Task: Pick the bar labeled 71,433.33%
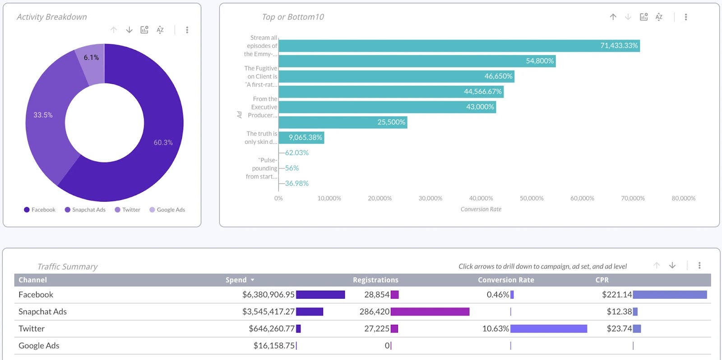point(458,46)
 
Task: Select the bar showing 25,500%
point(342,122)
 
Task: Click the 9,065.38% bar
point(301,138)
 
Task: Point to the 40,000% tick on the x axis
point(481,198)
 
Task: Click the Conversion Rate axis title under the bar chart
point(481,209)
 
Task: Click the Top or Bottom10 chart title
point(293,17)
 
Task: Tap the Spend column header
point(236,280)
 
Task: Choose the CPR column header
point(602,280)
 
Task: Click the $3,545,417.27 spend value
point(268,312)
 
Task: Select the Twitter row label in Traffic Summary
point(32,329)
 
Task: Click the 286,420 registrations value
point(374,312)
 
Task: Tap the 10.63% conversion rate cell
point(495,329)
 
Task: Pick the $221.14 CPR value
point(616,295)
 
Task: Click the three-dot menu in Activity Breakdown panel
point(187,30)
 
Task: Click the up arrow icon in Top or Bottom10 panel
point(613,17)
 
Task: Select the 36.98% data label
point(296,184)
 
